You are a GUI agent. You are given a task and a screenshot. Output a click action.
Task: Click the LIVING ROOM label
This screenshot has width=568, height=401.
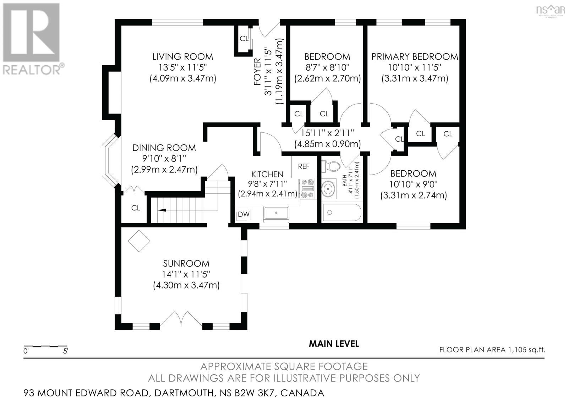(182, 56)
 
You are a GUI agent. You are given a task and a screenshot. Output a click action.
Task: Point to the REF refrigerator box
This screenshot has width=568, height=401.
(304, 166)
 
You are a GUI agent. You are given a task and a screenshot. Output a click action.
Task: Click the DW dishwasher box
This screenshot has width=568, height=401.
(244, 214)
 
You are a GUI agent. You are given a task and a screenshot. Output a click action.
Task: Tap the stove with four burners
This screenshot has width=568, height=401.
(307, 188)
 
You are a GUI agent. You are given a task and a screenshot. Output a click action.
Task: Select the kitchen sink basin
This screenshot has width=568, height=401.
(276, 213)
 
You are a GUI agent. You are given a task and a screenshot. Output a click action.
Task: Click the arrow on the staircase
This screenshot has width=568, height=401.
(162, 210)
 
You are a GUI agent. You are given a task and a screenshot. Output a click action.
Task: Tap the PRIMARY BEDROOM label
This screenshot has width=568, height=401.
(414, 56)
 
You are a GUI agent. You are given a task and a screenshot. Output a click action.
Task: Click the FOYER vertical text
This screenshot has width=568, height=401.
(257, 73)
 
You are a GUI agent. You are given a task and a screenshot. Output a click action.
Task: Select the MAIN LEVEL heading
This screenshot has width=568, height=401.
(334, 344)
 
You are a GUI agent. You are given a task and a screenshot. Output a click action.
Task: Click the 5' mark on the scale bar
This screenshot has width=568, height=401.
(66, 351)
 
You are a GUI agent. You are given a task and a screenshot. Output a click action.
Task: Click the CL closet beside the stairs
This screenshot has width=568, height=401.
(136, 208)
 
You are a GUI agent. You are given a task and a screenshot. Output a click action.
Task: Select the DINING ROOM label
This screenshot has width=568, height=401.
(164, 148)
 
